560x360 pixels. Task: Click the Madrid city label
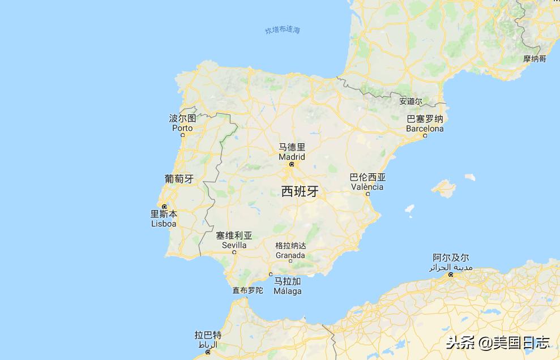(292, 157)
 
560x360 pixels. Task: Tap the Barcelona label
(425, 128)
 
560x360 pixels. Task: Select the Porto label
(182, 128)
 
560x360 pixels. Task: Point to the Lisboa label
(164, 224)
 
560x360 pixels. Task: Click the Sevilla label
(234, 245)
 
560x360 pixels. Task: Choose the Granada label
(290, 255)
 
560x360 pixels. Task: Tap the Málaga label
(288, 291)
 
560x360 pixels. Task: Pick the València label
(367, 187)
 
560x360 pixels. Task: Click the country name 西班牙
(300, 191)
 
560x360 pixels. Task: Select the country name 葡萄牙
(179, 179)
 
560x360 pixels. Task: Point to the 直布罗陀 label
(248, 290)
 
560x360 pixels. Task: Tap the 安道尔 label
(411, 101)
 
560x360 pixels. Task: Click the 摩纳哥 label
(535, 59)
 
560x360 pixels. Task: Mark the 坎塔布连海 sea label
(283, 30)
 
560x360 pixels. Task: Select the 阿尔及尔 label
(451, 258)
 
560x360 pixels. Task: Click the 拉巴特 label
(208, 335)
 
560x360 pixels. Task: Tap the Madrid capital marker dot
(292, 165)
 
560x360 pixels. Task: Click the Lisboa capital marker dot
(164, 207)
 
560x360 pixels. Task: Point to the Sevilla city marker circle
(234, 252)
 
